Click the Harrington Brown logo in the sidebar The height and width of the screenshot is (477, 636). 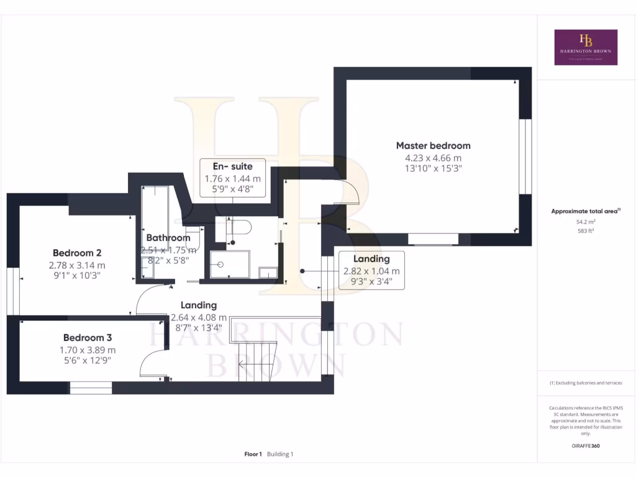(586, 47)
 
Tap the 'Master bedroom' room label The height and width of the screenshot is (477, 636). (433, 145)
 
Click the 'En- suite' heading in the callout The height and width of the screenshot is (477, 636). (233, 166)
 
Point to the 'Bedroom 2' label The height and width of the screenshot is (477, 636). (77, 253)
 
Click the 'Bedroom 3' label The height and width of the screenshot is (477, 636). (87, 338)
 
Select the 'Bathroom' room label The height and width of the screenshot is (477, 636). (168, 238)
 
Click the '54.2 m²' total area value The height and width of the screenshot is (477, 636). (586, 221)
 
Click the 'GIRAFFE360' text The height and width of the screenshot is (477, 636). (586, 446)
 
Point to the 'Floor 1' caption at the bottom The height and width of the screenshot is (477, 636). (253, 454)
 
